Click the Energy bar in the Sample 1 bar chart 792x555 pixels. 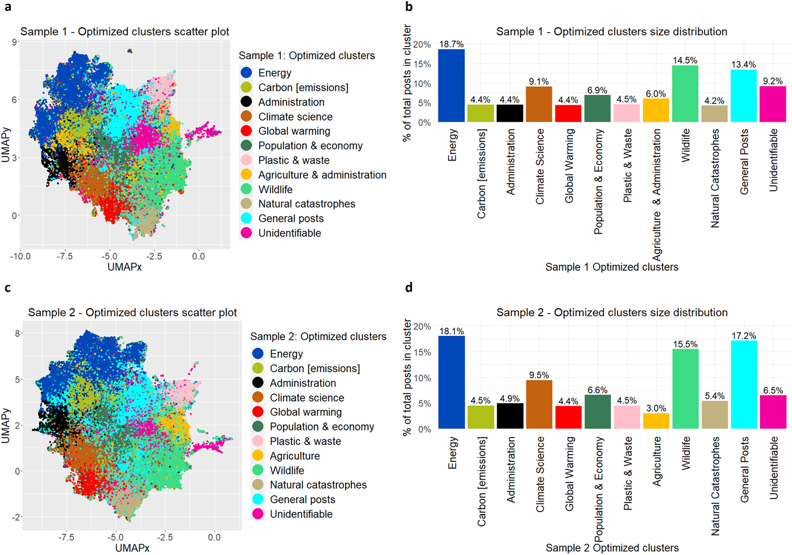[x=451, y=86]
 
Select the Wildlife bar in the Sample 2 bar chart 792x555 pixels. [x=685, y=389]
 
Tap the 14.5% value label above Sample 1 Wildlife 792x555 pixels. [x=685, y=60]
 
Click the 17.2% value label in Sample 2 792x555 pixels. [x=743, y=336]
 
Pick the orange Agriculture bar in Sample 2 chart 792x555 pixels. [x=656, y=421]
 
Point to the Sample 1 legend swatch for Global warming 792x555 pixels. [x=246, y=131]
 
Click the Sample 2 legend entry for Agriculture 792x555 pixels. [x=294, y=456]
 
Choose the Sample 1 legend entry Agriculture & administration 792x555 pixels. [x=322, y=175]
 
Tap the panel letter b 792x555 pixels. [x=409, y=7]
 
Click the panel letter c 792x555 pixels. [x=7, y=288]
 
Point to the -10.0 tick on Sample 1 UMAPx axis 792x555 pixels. [x=20, y=256]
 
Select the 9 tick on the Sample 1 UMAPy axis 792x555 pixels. [x=15, y=42]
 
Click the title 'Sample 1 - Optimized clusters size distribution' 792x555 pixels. [x=611, y=32]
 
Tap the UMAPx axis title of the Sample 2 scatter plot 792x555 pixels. [x=132, y=548]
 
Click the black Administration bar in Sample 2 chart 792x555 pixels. [x=510, y=416]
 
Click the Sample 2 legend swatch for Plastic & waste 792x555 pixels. [x=258, y=441]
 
